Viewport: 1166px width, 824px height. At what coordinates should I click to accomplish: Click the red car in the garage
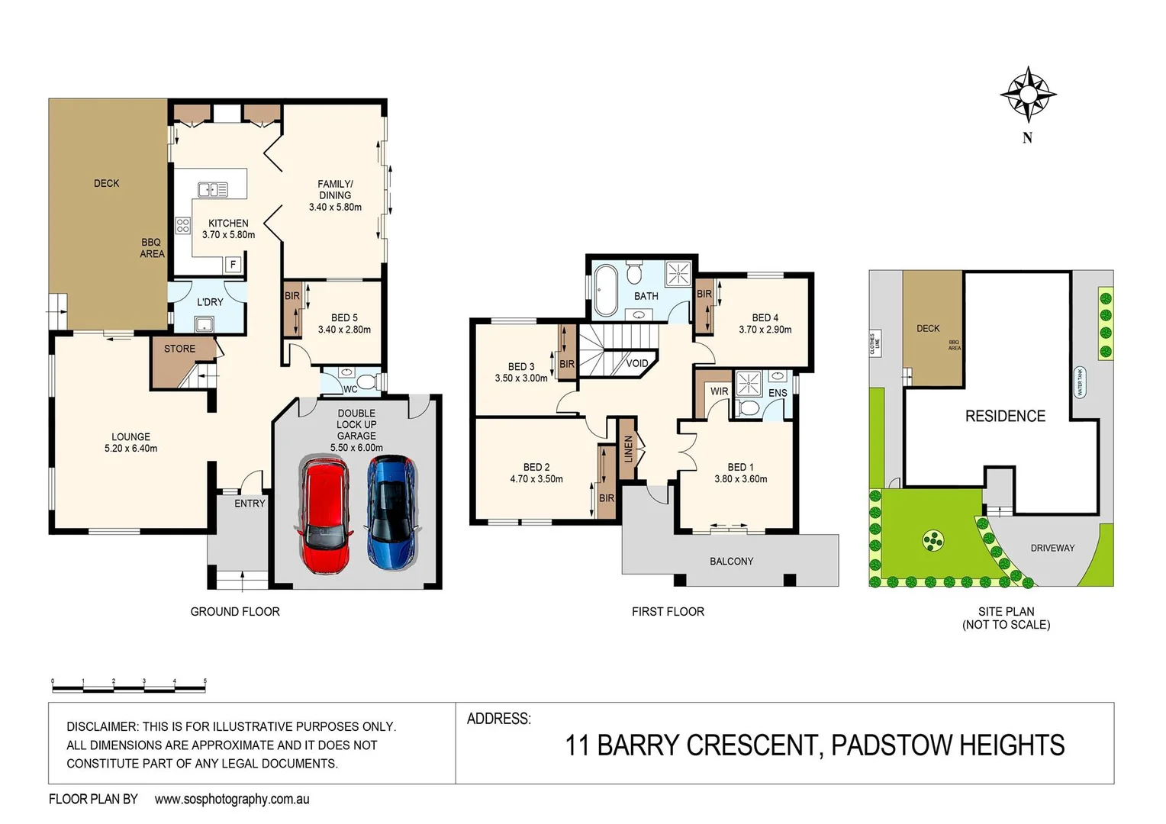point(324,515)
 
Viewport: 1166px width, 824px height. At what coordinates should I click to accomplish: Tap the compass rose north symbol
point(1028,95)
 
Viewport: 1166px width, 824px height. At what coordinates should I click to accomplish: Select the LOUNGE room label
point(130,437)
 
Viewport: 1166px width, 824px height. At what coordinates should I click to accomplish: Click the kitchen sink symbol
point(213,190)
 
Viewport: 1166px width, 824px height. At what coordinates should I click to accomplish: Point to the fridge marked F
point(234,265)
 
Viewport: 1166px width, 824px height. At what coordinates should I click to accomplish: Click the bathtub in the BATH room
point(606,290)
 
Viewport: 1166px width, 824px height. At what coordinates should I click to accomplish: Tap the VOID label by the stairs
point(636,363)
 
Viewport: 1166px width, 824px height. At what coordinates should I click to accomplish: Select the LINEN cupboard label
point(628,449)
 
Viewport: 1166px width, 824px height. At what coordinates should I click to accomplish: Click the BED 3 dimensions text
point(521,378)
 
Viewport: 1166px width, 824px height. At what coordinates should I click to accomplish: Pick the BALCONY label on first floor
point(731,562)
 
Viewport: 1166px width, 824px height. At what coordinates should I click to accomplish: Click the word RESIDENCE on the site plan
point(1005,416)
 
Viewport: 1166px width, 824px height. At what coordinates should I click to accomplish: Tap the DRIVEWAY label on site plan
point(1052,548)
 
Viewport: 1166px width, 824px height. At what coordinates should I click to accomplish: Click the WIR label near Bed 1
point(719,391)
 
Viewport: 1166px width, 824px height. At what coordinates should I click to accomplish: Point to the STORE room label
point(179,349)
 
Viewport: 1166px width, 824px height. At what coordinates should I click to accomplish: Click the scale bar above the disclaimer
point(129,687)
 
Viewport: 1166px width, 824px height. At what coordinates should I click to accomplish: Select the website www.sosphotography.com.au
point(232,799)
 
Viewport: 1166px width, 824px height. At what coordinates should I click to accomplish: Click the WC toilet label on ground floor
point(350,389)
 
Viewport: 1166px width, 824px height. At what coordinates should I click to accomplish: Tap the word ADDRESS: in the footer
point(498,719)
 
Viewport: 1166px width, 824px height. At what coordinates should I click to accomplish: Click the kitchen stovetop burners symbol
point(183,225)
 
